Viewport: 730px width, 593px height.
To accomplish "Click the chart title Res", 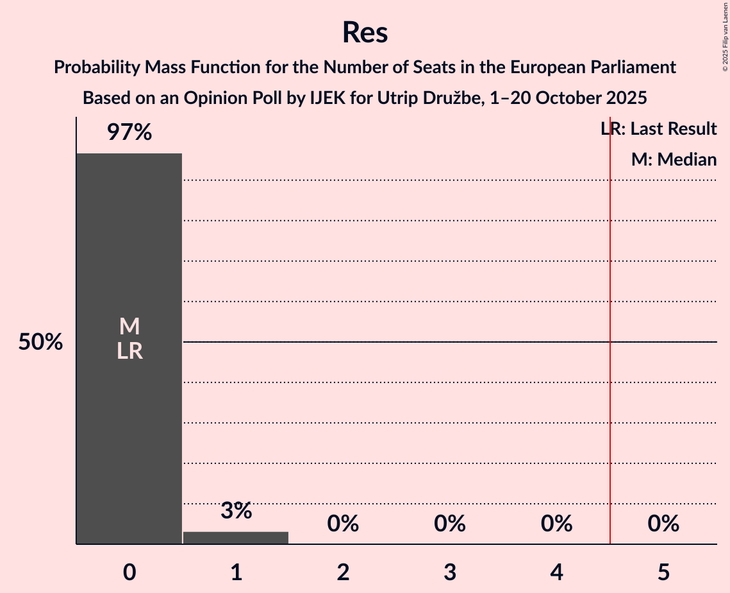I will [x=365, y=32].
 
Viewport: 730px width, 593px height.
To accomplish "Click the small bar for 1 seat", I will [x=236, y=538].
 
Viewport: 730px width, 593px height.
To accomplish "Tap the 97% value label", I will [x=129, y=133].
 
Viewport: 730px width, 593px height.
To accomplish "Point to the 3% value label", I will [x=236, y=511].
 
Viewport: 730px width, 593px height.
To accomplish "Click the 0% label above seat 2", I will [x=343, y=524].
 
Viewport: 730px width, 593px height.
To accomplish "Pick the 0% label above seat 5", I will [x=663, y=524].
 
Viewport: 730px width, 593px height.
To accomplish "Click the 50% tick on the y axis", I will [x=40, y=342].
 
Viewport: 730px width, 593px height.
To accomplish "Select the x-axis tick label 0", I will [x=129, y=572].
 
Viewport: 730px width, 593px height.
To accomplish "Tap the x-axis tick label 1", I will [x=236, y=572].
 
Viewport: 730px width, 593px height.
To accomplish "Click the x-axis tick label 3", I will [x=450, y=572].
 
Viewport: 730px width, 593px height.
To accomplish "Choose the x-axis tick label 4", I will [x=556, y=572].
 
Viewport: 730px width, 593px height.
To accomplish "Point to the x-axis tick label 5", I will [x=663, y=572].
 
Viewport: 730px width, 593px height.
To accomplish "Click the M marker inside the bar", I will [x=129, y=327].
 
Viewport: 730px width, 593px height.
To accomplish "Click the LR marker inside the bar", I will [x=129, y=351].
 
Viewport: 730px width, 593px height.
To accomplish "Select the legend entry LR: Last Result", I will [x=659, y=129].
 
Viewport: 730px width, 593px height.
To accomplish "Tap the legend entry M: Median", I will [x=674, y=159].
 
